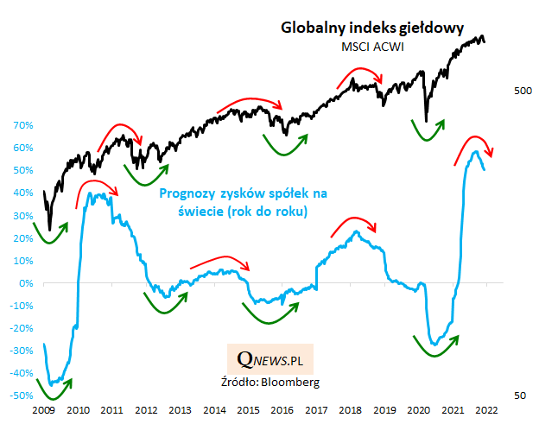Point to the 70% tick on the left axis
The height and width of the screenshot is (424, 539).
point(22,125)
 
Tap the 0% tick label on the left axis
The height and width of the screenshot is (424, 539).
point(26,283)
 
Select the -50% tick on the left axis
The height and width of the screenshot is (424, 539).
point(20,396)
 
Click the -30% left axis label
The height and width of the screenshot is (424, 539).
point(20,351)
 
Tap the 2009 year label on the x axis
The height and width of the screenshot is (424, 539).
point(44,411)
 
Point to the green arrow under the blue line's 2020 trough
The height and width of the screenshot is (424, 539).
point(434,346)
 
